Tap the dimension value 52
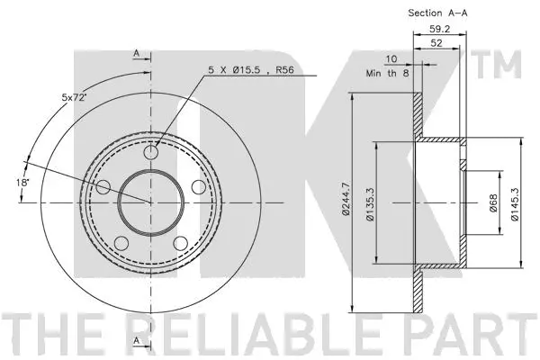click(436, 42)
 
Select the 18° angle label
click(22, 184)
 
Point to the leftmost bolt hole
click(104, 187)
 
